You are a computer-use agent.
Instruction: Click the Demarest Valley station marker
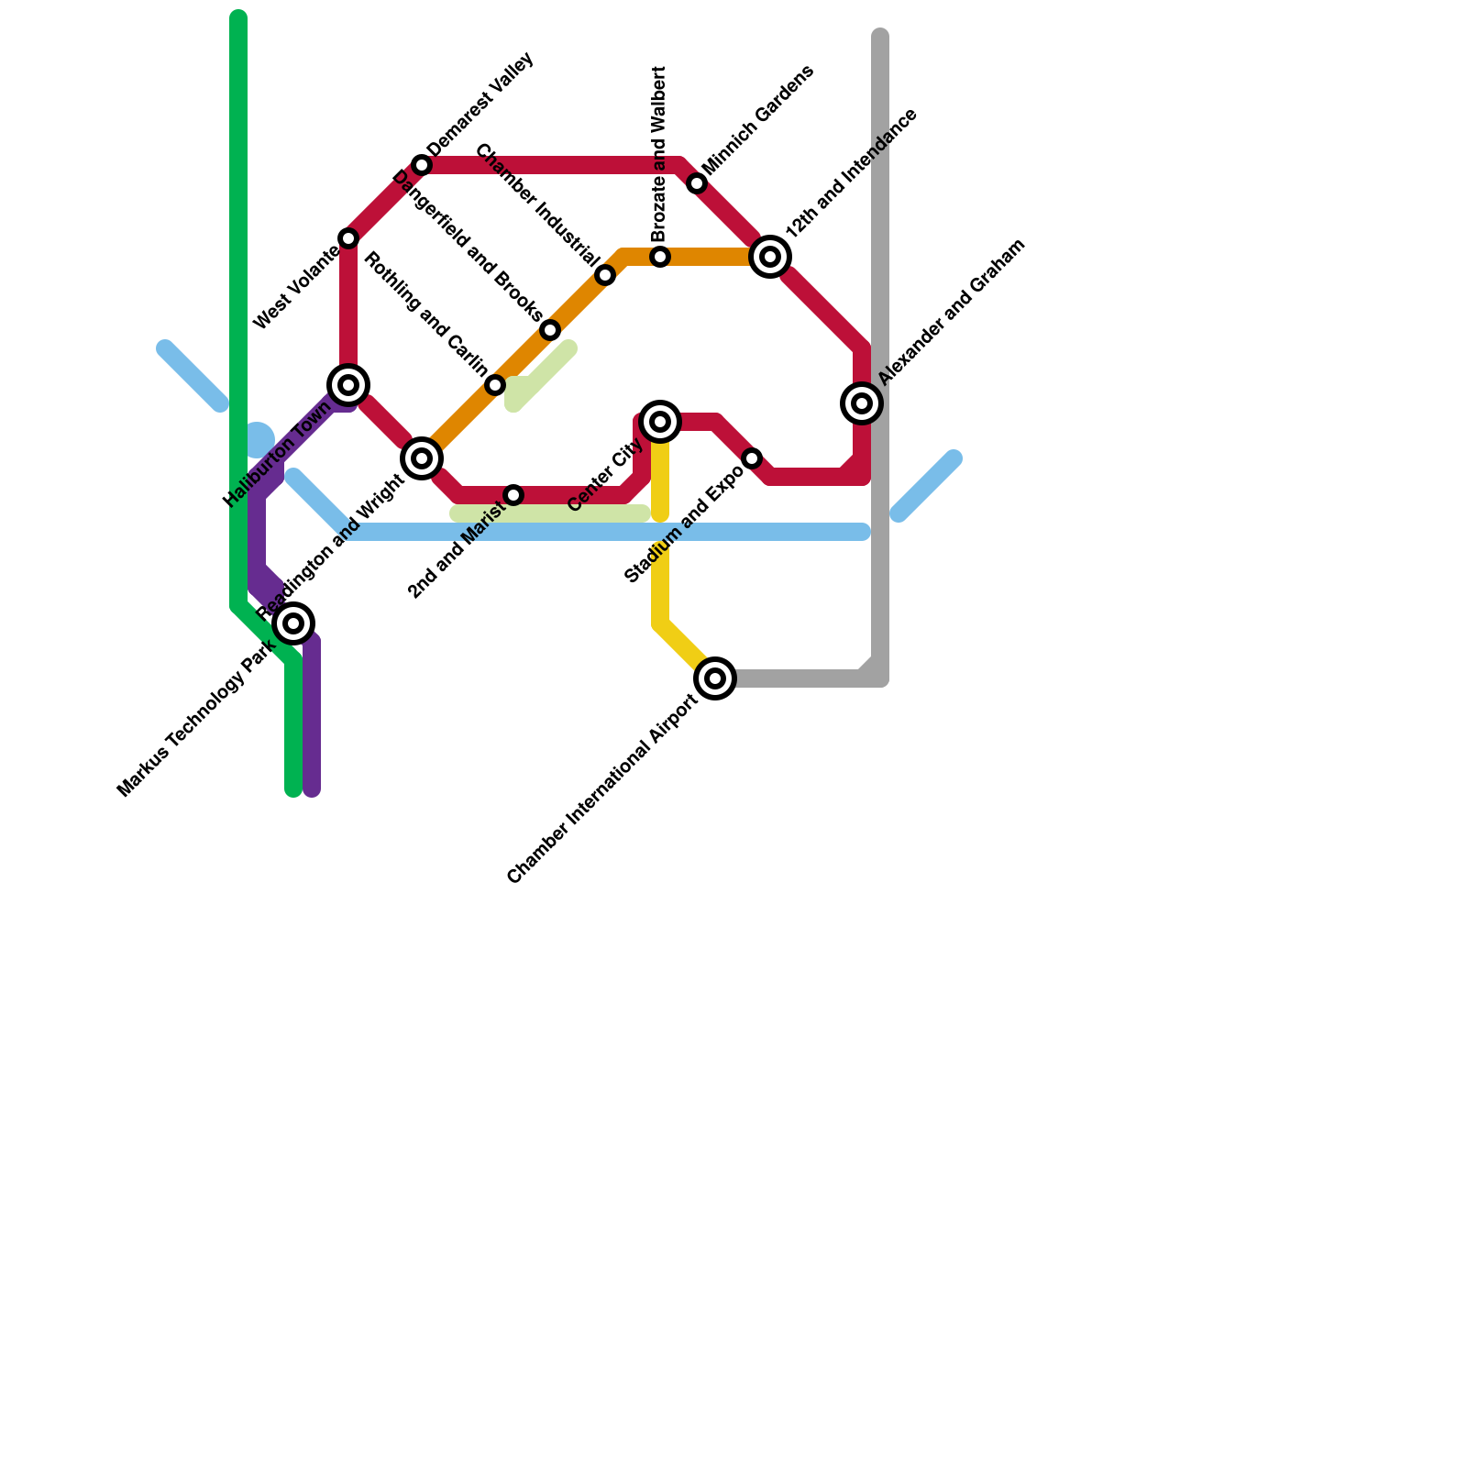[422, 165]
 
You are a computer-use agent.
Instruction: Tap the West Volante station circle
[348, 238]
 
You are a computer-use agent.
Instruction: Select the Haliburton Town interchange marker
[348, 385]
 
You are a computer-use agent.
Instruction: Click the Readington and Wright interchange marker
[422, 458]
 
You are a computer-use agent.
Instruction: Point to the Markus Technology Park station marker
[293, 623]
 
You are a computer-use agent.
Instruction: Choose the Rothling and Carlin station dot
[495, 385]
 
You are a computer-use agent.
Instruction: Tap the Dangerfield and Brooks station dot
[550, 330]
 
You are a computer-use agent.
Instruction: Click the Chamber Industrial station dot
[605, 275]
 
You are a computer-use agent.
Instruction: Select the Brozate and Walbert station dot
[660, 257]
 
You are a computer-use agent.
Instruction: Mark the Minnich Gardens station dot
[697, 183]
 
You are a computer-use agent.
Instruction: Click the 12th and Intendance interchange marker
[770, 257]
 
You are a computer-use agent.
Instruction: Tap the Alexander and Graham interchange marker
[862, 403]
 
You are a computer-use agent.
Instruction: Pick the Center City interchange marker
[660, 422]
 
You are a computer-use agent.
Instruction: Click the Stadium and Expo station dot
[752, 458]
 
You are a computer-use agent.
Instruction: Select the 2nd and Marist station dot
[513, 495]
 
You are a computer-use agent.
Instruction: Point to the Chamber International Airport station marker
[715, 678]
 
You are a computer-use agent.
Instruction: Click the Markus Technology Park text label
[196, 719]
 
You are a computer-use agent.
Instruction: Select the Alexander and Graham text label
[950, 312]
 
